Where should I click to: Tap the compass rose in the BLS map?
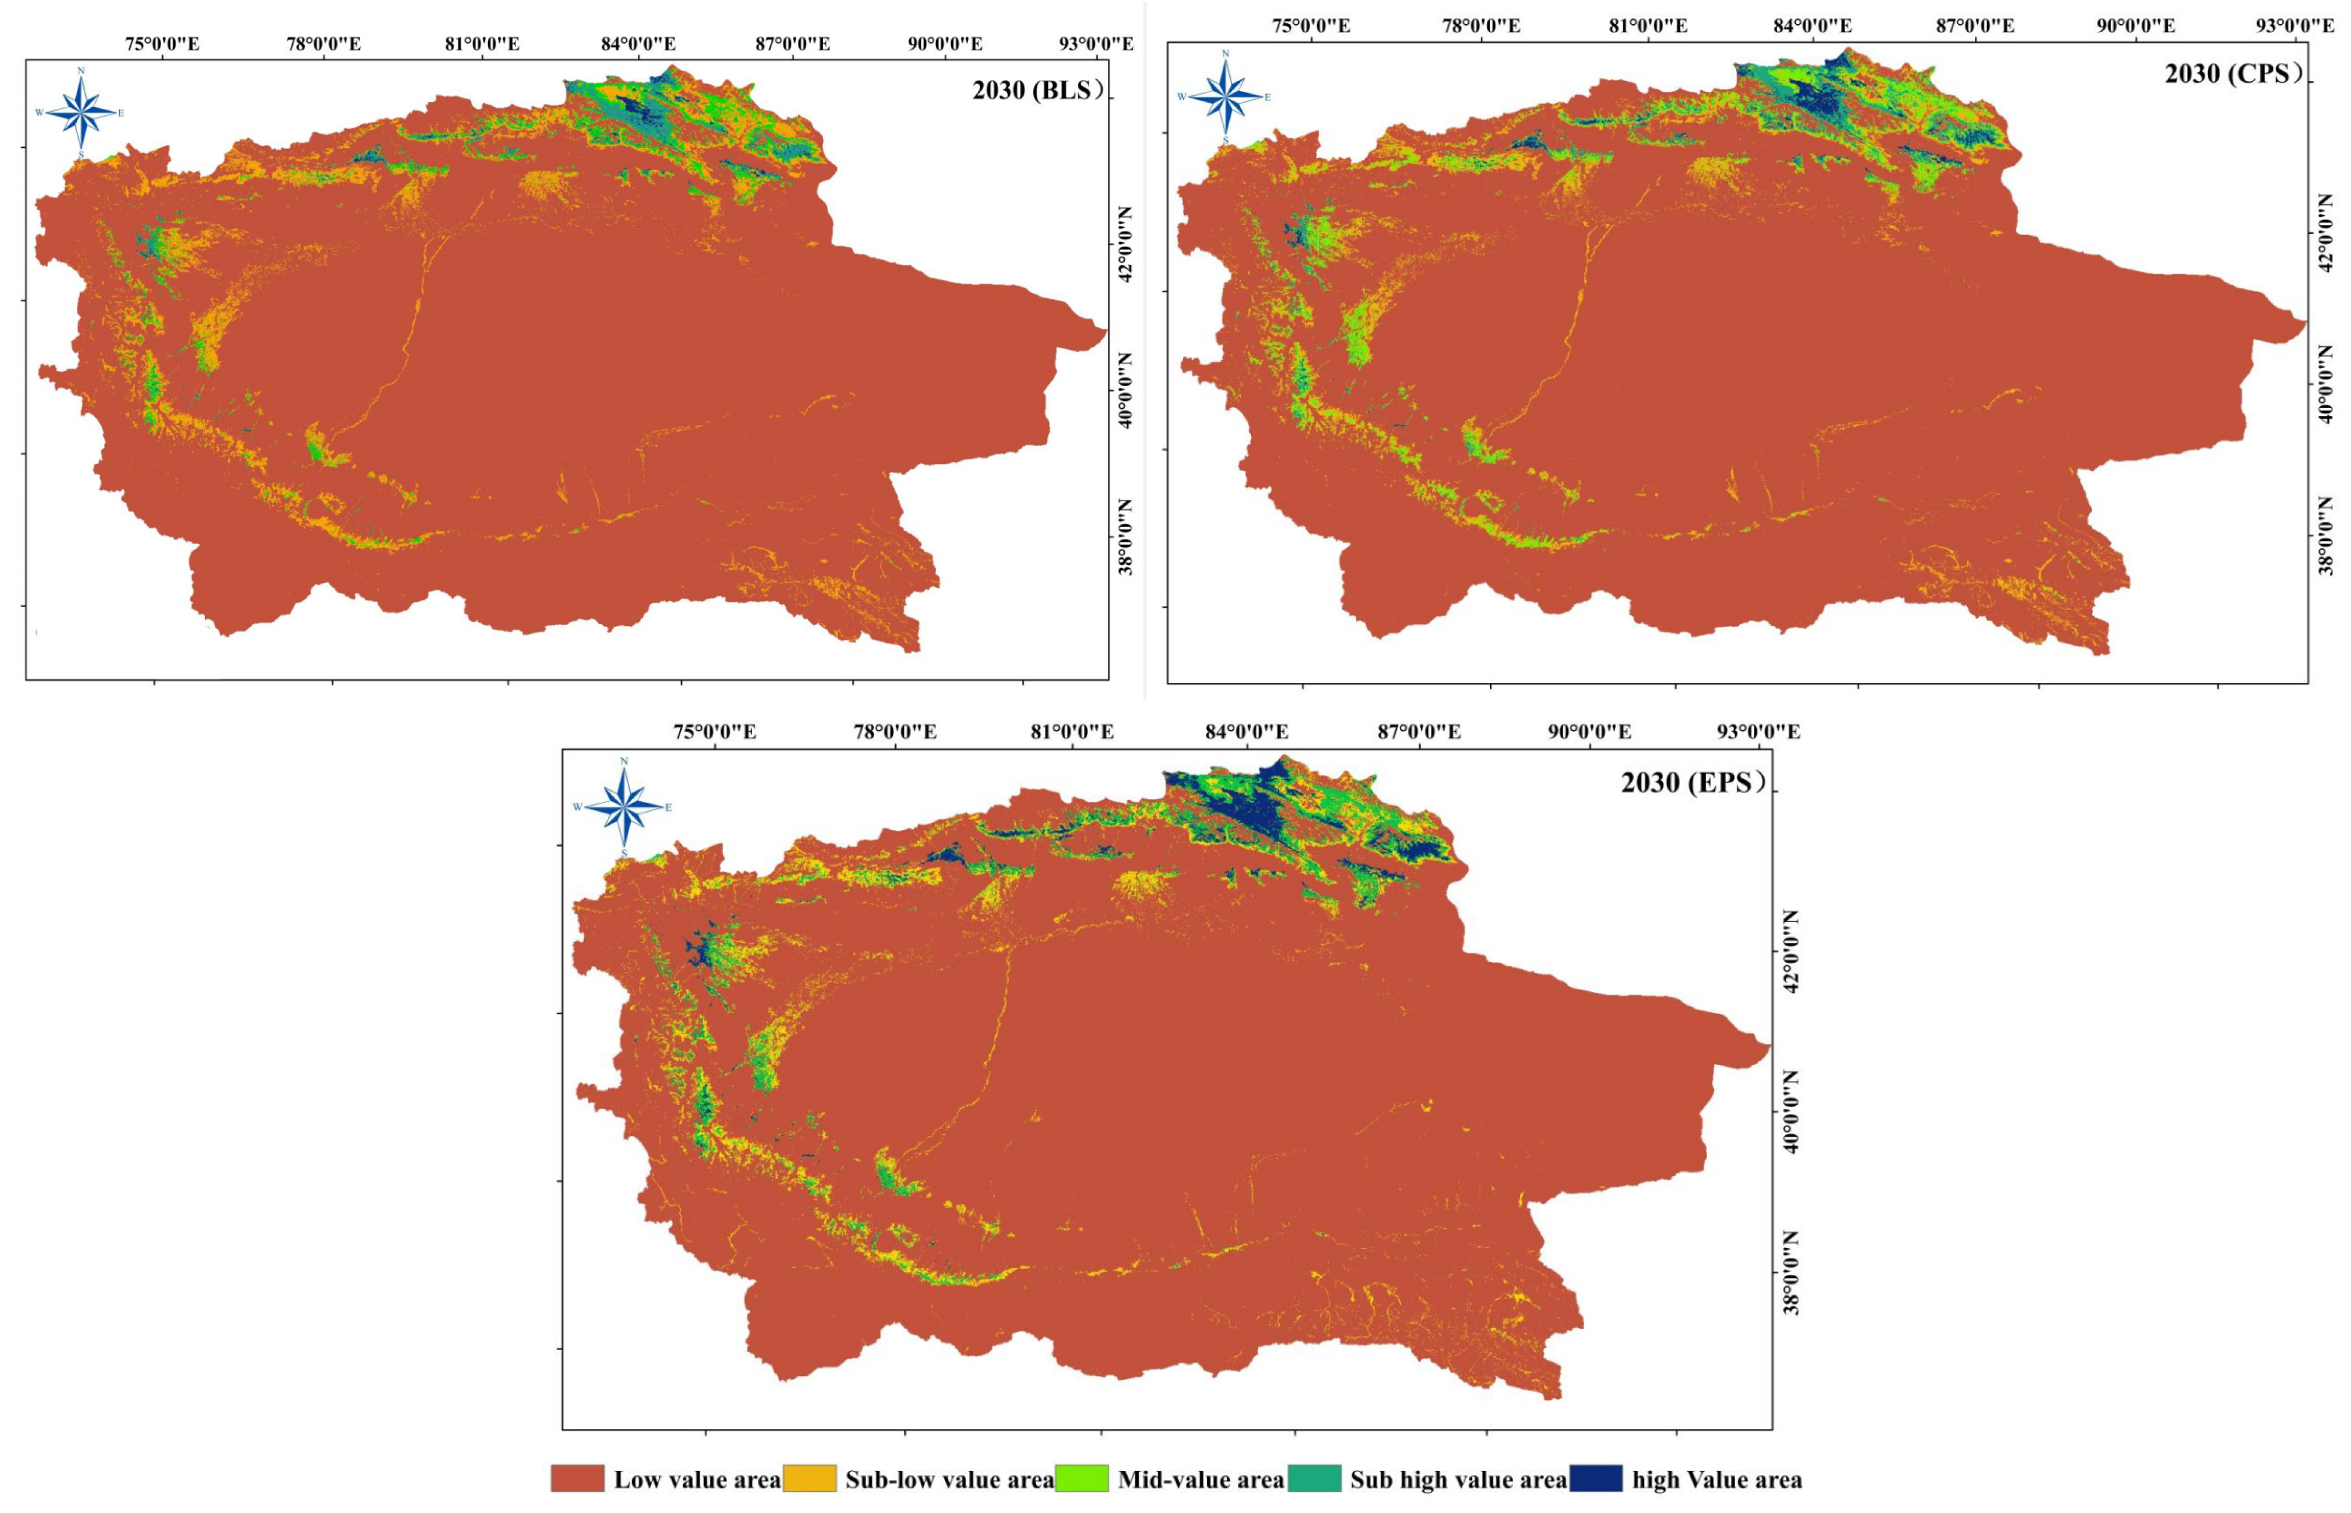(82, 111)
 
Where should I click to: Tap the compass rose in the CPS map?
(1224, 96)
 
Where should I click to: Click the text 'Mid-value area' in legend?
(1200, 1479)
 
